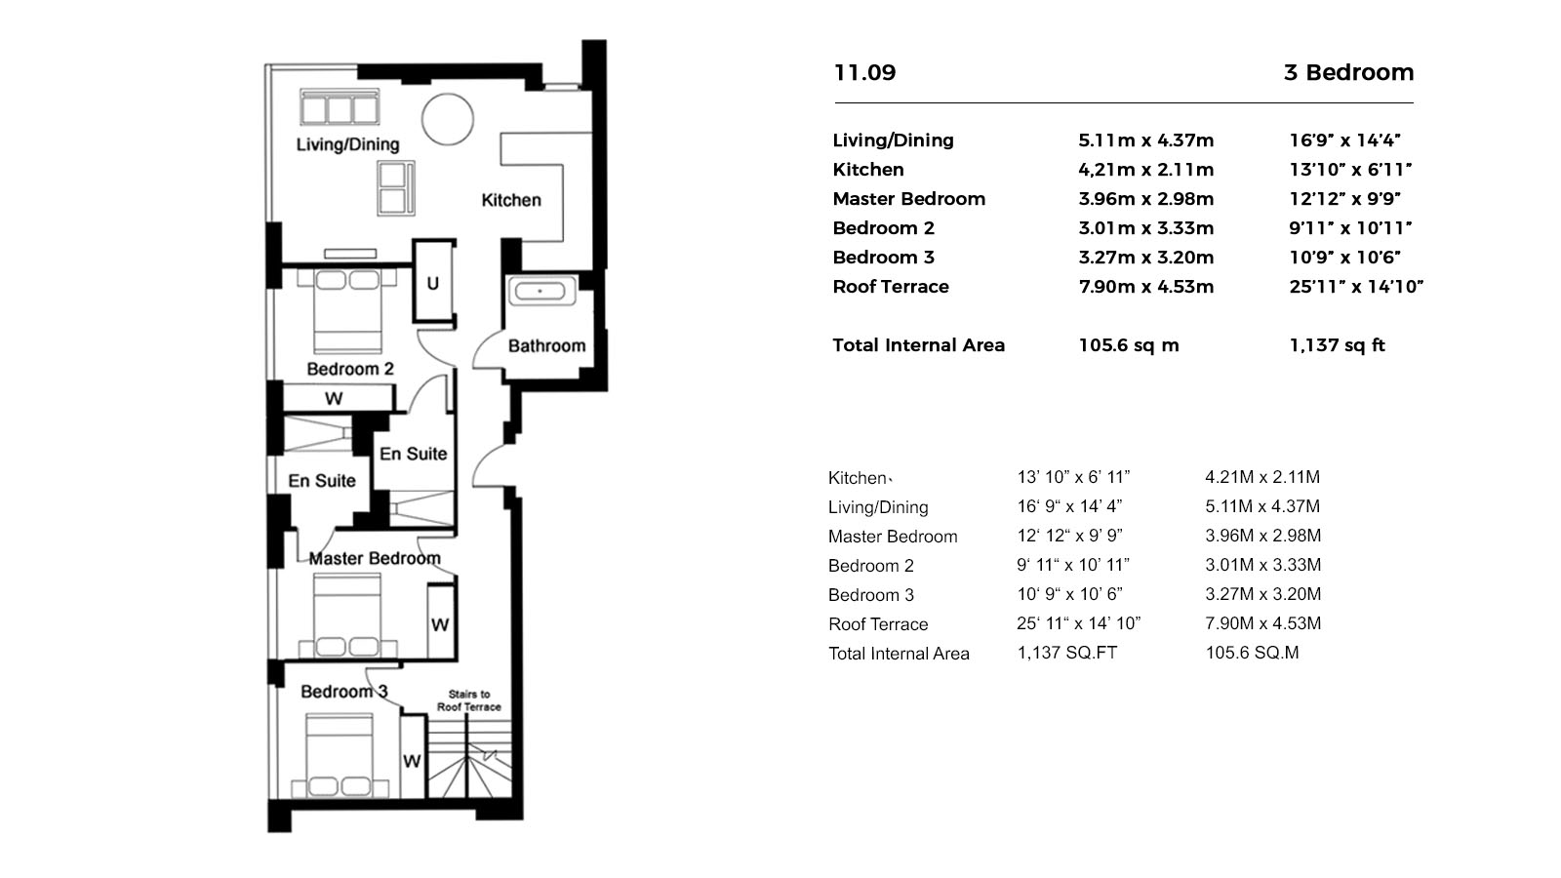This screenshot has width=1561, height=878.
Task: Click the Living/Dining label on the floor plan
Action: point(347,144)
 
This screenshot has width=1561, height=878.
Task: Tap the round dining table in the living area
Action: point(448,119)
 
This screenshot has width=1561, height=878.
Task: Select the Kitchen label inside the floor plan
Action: point(510,200)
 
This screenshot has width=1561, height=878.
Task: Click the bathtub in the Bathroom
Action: point(540,291)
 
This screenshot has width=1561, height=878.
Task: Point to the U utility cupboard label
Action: point(432,284)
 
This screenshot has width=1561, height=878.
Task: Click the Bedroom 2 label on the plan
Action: point(349,369)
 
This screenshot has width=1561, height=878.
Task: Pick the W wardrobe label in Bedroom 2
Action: point(334,398)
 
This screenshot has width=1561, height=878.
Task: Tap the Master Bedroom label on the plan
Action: point(375,558)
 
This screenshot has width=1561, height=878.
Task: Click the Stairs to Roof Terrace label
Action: point(469,700)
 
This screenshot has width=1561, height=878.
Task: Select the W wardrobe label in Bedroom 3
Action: point(412,761)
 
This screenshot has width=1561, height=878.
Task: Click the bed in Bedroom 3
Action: point(339,755)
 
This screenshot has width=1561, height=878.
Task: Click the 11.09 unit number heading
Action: point(864,72)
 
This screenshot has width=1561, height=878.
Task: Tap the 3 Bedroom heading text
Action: point(1348,72)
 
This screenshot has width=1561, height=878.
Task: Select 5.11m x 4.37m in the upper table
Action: point(1145,140)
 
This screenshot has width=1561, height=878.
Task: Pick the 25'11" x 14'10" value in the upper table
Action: point(1356,287)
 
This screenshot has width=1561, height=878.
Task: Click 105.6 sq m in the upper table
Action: point(1129,345)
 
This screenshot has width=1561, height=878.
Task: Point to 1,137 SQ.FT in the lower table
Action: point(1066,653)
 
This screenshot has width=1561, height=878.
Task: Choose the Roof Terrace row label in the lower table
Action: point(878,624)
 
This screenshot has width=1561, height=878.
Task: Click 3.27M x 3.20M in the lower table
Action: point(1262,594)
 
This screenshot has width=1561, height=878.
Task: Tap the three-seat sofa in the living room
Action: point(339,107)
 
